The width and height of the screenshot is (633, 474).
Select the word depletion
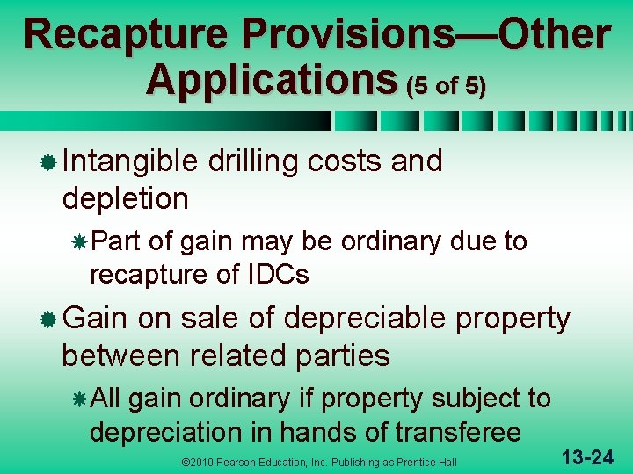[x=125, y=198]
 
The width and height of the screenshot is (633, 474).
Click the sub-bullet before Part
[x=79, y=241]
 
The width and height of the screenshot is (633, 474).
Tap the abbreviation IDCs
[x=277, y=275]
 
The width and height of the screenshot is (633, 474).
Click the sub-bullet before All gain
[x=79, y=399]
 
